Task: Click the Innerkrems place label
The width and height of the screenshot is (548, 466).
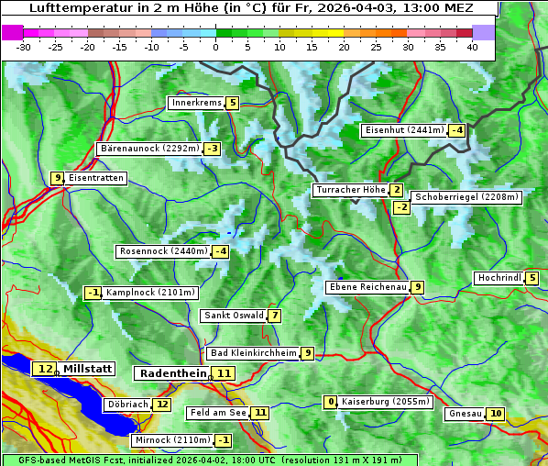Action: point(195,104)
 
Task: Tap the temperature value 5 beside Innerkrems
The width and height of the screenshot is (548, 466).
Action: point(232,104)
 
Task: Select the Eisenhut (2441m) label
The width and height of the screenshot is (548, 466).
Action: point(403,130)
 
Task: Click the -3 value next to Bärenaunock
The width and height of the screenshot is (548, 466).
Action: point(213,149)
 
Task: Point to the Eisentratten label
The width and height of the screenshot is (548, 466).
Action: point(95,178)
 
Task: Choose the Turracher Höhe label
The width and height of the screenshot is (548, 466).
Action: point(349,191)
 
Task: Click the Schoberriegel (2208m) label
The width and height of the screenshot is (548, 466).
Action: point(466,197)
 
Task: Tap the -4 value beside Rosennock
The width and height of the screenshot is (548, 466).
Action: point(220,251)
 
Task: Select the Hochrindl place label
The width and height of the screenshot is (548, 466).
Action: point(499,279)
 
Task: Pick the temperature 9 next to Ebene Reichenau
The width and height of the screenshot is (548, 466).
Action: point(418,287)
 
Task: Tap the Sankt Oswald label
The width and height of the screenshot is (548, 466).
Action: point(234,316)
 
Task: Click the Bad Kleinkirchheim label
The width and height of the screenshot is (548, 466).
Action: point(253,353)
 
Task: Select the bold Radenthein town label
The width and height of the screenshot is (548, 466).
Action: point(173,373)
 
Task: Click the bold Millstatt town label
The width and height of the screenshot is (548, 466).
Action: point(87,369)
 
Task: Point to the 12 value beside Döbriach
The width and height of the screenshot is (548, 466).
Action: point(161,405)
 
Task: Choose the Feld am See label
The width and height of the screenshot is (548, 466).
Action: point(218,414)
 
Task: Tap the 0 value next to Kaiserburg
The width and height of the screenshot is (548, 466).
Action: point(331,402)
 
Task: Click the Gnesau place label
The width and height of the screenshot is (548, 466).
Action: point(465,414)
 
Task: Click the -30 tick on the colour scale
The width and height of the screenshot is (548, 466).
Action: point(24,46)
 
